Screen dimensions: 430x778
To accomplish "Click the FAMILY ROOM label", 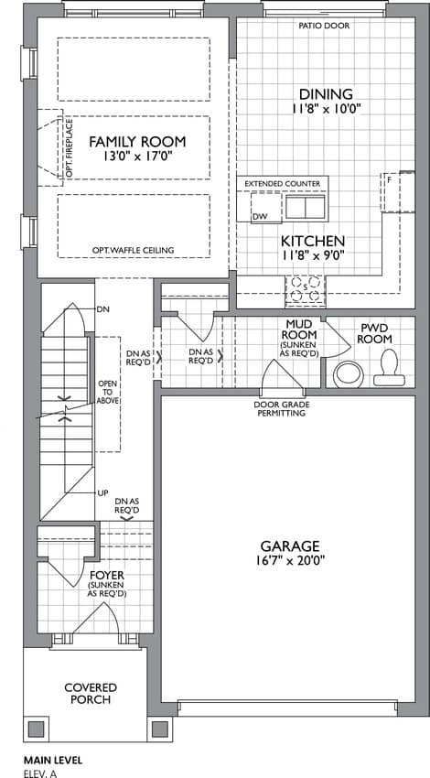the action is (137, 142).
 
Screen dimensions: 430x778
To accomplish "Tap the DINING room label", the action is (326, 93).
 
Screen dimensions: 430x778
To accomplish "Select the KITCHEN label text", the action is (313, 242).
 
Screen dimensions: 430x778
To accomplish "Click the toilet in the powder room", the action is (386, 368).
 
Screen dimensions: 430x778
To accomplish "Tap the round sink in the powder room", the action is (349, 374).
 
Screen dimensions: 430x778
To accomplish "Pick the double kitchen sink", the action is (305, 208).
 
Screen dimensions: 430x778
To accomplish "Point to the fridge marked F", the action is (391, 192).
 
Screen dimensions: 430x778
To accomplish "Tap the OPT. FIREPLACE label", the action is (70, 148).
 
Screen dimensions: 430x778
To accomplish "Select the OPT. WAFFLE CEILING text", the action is (133, 250).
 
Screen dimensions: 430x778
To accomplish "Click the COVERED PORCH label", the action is (91, 694).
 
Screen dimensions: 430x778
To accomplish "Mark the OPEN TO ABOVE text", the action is (108, 392).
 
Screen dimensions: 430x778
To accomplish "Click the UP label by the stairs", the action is (103, 492).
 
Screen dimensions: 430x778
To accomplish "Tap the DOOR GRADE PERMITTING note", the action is (280, 409).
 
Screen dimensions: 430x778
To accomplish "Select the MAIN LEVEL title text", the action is (52, 760).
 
